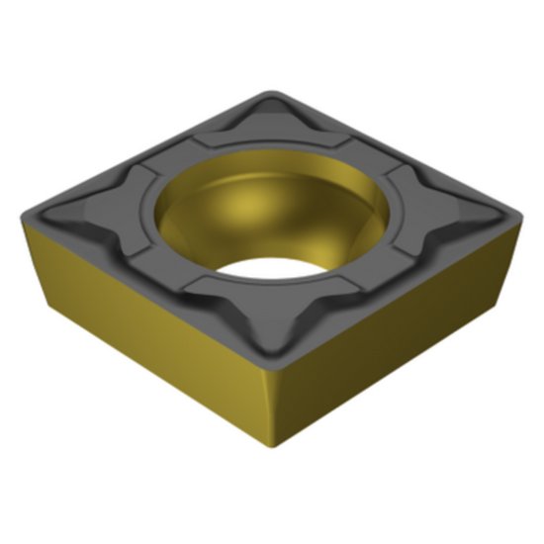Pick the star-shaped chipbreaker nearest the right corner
tap(443, 207)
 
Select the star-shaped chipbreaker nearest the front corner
tap(262, 315)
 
